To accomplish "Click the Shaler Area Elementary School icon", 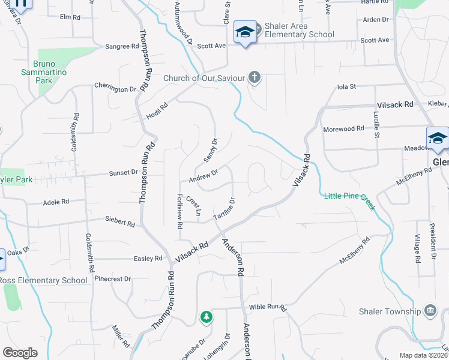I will pos(245,32).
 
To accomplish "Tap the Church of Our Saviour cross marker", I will pos(255,77).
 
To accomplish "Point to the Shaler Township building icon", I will pos(430,310).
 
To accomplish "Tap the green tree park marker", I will pos(206,316).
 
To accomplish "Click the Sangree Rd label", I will pos(118,46).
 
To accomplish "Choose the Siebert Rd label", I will pos(119,222).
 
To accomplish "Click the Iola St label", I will pos(347,86).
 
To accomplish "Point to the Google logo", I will pos(20,352).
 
